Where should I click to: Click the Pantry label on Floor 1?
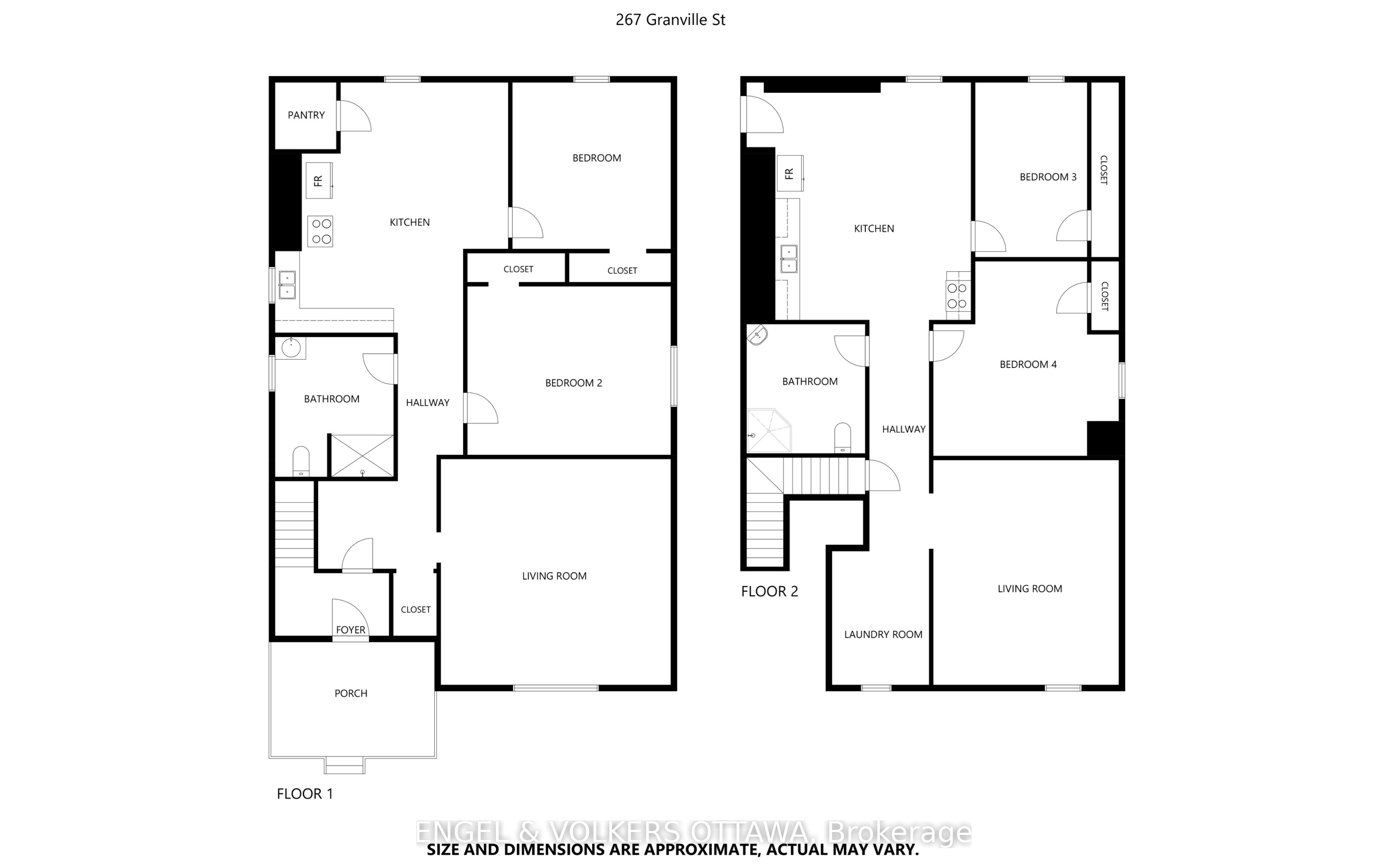click(306, 115)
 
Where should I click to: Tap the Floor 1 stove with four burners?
click(320, 231)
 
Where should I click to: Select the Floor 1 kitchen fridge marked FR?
click(318, 180)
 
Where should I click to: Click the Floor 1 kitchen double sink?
click(287, 285)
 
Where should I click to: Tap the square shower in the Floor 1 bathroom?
click(363, 456)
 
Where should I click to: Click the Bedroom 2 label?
click(573, 383)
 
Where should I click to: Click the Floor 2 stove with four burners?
click(957, 296)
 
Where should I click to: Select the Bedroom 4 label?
click(1028, 364)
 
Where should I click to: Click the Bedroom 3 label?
click(1048, 177)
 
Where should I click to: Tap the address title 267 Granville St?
click(670, 20)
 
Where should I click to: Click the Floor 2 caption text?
click(769, 592)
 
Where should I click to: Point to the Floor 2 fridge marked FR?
click(790, 173)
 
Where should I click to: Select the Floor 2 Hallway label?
click(903, 430)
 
